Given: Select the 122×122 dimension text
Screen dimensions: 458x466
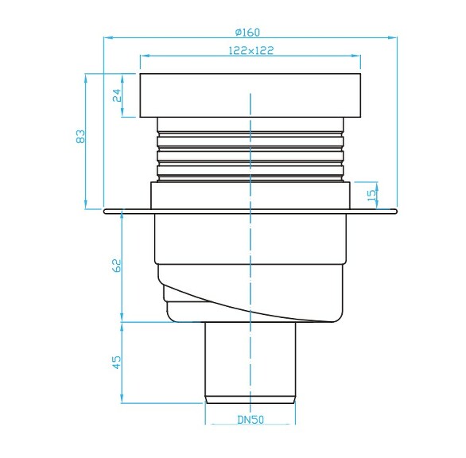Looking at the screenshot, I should tap(250, 49).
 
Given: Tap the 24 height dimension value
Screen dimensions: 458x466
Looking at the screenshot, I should tap(116, 95).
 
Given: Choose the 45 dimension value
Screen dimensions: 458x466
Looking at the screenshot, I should tap(116, 362).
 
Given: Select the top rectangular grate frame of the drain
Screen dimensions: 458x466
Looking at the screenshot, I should tap(250, 95).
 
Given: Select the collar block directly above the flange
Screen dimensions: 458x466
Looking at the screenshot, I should tap(250, 196).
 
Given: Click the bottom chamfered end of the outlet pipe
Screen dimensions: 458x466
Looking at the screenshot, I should tap(250, 398).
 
